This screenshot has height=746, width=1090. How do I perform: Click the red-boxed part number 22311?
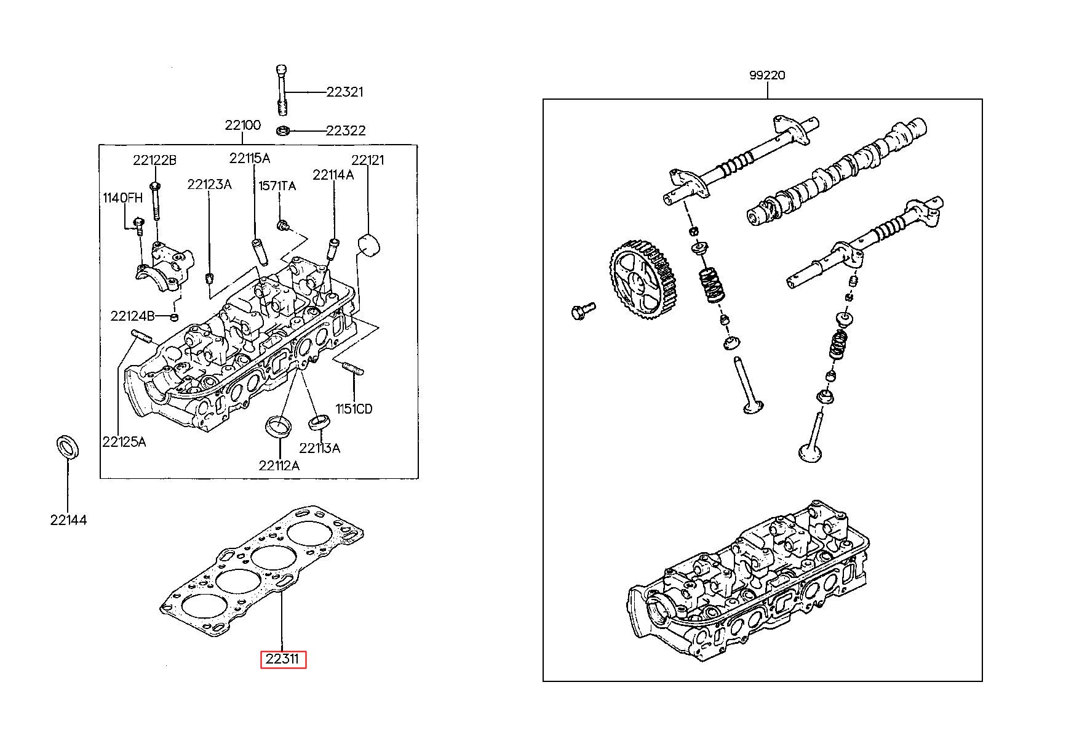point(283,659)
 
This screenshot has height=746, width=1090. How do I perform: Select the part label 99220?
point(767,76)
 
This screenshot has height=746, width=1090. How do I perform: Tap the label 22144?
point(68,520)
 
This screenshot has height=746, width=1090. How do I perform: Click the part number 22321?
point(344,92)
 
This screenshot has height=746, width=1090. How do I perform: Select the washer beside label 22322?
point(284,130)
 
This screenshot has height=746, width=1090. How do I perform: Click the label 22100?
point(242,125)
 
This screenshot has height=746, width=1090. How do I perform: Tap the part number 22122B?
point(154,160)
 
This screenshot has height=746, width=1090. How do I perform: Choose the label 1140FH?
point(122,198)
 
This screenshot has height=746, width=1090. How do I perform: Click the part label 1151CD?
point(354,409)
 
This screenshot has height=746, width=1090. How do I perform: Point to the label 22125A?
point(124,441)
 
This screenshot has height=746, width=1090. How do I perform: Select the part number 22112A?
point(279,465)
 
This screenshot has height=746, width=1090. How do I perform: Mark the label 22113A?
point(319,447)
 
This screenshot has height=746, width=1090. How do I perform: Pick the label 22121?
point(367,160)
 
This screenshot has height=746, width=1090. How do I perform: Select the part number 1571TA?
point(277,185)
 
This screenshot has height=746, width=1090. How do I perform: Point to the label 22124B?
point(132,316)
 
